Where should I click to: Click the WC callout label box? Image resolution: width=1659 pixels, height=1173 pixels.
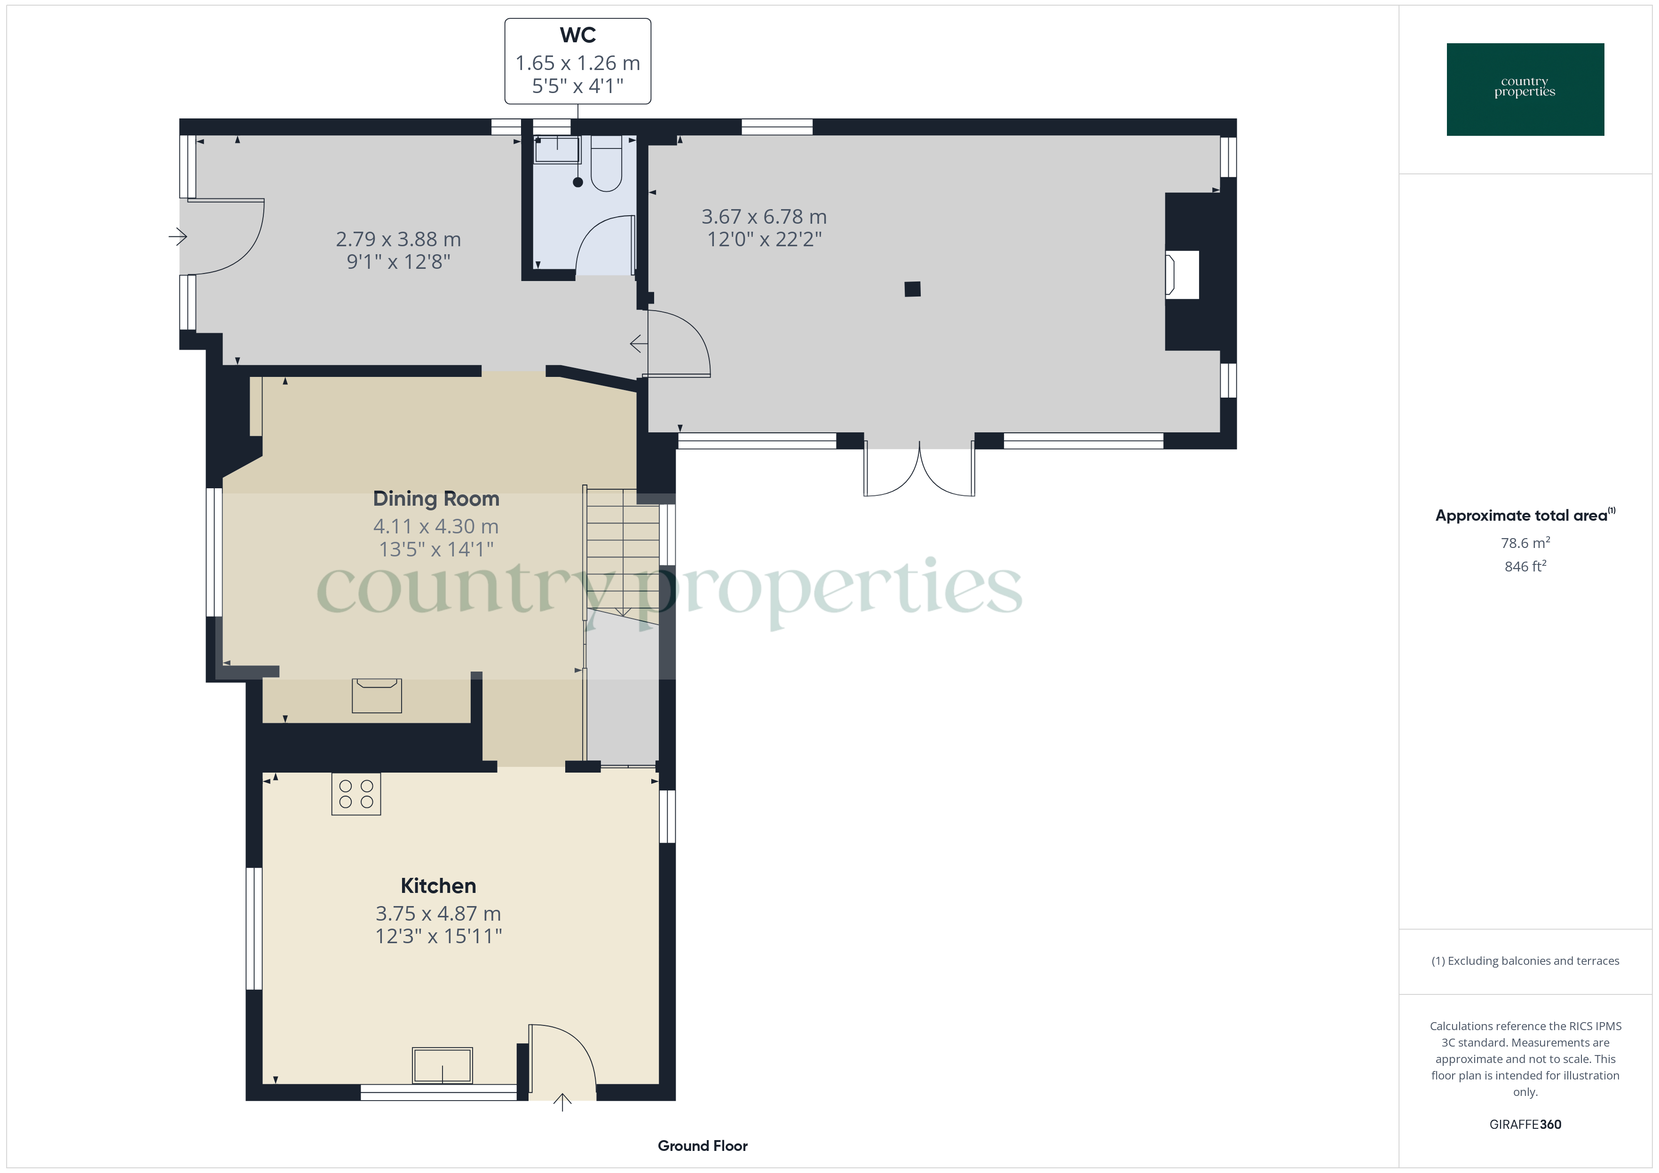click(577, 62)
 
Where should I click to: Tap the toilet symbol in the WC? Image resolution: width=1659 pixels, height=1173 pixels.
click(606, 164)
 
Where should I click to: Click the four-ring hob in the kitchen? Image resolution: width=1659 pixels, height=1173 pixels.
click(355, 794)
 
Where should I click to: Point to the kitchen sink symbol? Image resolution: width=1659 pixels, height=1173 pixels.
click(442, 1065)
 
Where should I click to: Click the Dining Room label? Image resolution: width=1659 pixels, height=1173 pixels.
click(436, 498)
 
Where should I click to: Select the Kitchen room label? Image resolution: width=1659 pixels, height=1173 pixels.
click(438, 885)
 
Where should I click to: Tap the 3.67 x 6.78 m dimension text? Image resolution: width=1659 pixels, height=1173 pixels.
click(764, 217)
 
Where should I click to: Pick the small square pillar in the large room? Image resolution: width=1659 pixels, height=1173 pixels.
click(913, 289)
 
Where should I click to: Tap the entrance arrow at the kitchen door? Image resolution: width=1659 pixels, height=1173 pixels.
click(562, 1102)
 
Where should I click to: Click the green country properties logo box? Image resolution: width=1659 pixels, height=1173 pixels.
click(1525, 90)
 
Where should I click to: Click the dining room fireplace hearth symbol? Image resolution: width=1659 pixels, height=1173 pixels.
click(377, 695)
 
